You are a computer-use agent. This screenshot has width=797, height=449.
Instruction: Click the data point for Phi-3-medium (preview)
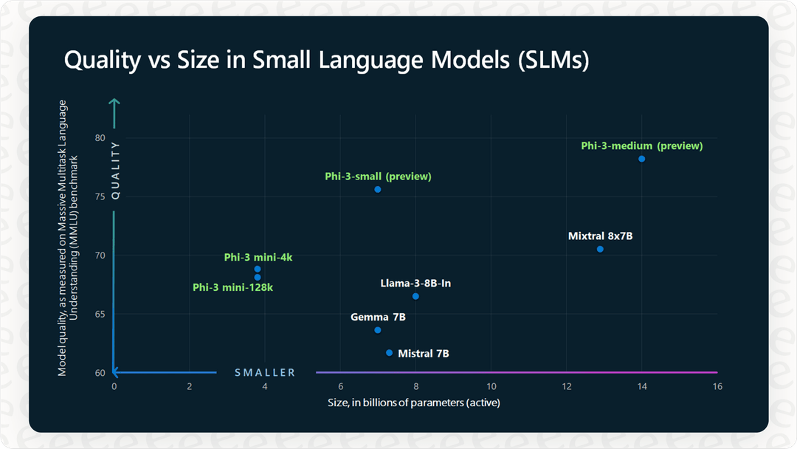[641, 159]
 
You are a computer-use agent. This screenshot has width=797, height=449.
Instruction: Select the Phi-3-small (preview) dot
[377, 190]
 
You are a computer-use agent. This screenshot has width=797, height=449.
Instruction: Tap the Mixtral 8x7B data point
[600, 249]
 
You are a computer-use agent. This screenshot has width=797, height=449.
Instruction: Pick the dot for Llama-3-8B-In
[415, 296]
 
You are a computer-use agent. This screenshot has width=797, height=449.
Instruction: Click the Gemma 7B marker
[378, 330]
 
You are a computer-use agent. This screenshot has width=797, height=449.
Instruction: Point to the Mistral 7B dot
[389, 353]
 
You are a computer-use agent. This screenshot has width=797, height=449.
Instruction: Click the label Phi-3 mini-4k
[258, 257]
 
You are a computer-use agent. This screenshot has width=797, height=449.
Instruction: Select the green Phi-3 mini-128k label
[232, 287]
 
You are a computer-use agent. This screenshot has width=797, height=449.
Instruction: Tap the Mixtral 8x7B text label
[600, 236]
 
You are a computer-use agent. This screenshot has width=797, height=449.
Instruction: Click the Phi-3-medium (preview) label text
[641, 146]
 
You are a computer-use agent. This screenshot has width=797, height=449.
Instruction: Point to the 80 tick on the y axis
[100, 138]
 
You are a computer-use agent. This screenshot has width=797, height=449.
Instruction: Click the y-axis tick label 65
[100, 314]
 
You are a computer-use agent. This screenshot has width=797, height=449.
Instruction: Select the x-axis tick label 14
[641, 386]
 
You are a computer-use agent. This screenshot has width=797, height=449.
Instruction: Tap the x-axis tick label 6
[340, 386]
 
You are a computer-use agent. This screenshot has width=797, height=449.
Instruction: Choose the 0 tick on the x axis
[114, 386]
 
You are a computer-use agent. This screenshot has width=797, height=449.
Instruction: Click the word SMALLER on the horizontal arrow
[265, 373]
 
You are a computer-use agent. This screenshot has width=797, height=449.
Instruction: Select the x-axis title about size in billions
[415, 402]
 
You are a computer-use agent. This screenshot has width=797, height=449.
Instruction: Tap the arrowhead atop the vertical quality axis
[114, 101]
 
